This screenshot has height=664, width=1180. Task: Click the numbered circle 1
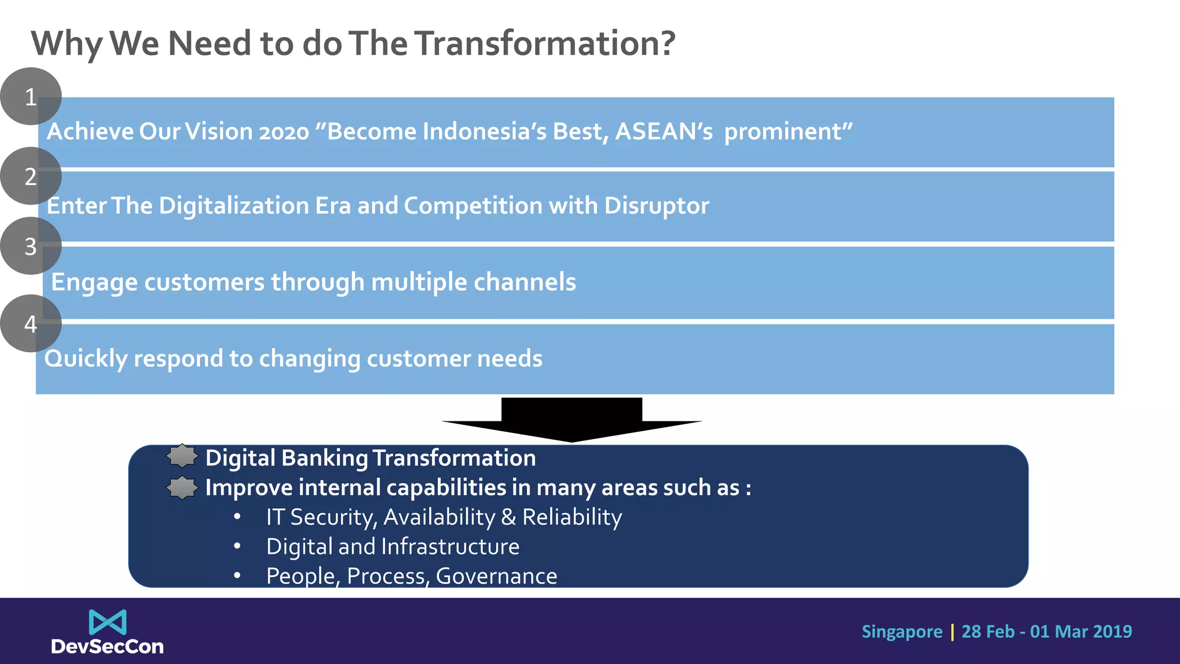pos(31,96)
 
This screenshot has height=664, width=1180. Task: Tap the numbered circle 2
pos(31,176)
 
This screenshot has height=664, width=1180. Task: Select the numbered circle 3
pos(31,246)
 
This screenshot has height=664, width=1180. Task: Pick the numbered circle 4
pos(31,323)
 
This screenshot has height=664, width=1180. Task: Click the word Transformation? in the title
pos(544,43)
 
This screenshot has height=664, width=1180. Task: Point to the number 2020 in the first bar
pos(284,132)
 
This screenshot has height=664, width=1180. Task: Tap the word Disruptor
pos(656,206)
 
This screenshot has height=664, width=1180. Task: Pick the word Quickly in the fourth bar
pos(86,359)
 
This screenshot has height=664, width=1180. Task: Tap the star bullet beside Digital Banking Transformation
pos(182,456)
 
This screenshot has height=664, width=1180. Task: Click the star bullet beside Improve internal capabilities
pos(182,488)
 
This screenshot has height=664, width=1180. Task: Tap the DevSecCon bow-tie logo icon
pos(108,622)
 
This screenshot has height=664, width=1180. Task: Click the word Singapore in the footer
pos(902,632)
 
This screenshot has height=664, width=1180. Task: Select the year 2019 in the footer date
pos(1112,632)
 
